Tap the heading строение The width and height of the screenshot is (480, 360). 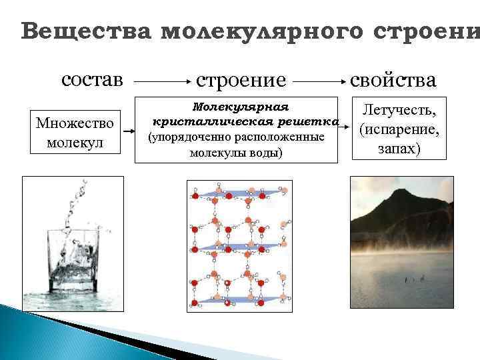[241, 81]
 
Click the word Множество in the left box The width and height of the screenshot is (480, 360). [75, 123]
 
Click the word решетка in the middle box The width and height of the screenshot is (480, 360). [313, 122]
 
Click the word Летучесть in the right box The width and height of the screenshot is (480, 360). [399, 109]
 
